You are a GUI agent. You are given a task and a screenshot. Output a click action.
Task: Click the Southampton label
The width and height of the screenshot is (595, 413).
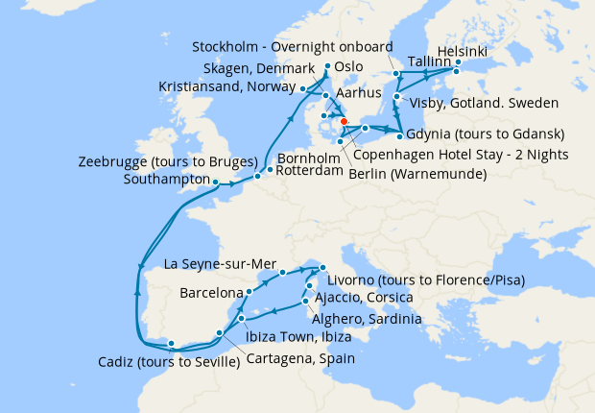(167, 179)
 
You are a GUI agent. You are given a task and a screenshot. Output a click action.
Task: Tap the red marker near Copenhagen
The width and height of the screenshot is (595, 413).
(344, 121)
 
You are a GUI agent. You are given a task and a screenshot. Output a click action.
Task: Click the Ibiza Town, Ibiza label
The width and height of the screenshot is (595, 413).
(297, 337)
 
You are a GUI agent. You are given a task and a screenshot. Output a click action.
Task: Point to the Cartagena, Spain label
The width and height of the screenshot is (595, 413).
(300, 358)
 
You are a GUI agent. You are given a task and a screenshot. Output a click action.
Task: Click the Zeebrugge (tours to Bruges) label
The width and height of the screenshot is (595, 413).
(168, 160)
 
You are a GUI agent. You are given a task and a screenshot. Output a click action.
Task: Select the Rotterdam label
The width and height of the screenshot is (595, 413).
(309, 171)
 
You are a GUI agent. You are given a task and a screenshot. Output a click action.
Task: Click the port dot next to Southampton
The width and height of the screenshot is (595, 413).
(216, 182)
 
